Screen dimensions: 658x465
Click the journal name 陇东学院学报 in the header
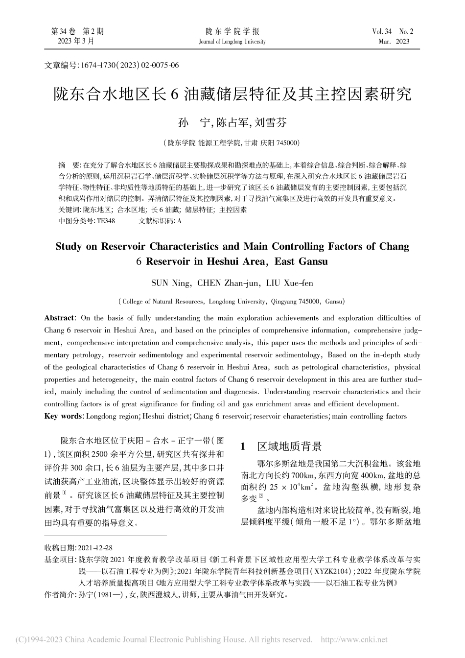pyautogui.click(x=232, y=32)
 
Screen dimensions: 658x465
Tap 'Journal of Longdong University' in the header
pyautogui.click(x=232, y=42)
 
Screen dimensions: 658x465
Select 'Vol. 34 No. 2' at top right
pyautogui.click(x=393, y=32)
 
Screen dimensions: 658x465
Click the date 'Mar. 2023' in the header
pyautogui.click(x=394, y=42)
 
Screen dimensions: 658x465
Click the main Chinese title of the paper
pyautogui.click(x=232, y=94)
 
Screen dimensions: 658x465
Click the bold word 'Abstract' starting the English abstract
pyautogui.click(x=59, y=318)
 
